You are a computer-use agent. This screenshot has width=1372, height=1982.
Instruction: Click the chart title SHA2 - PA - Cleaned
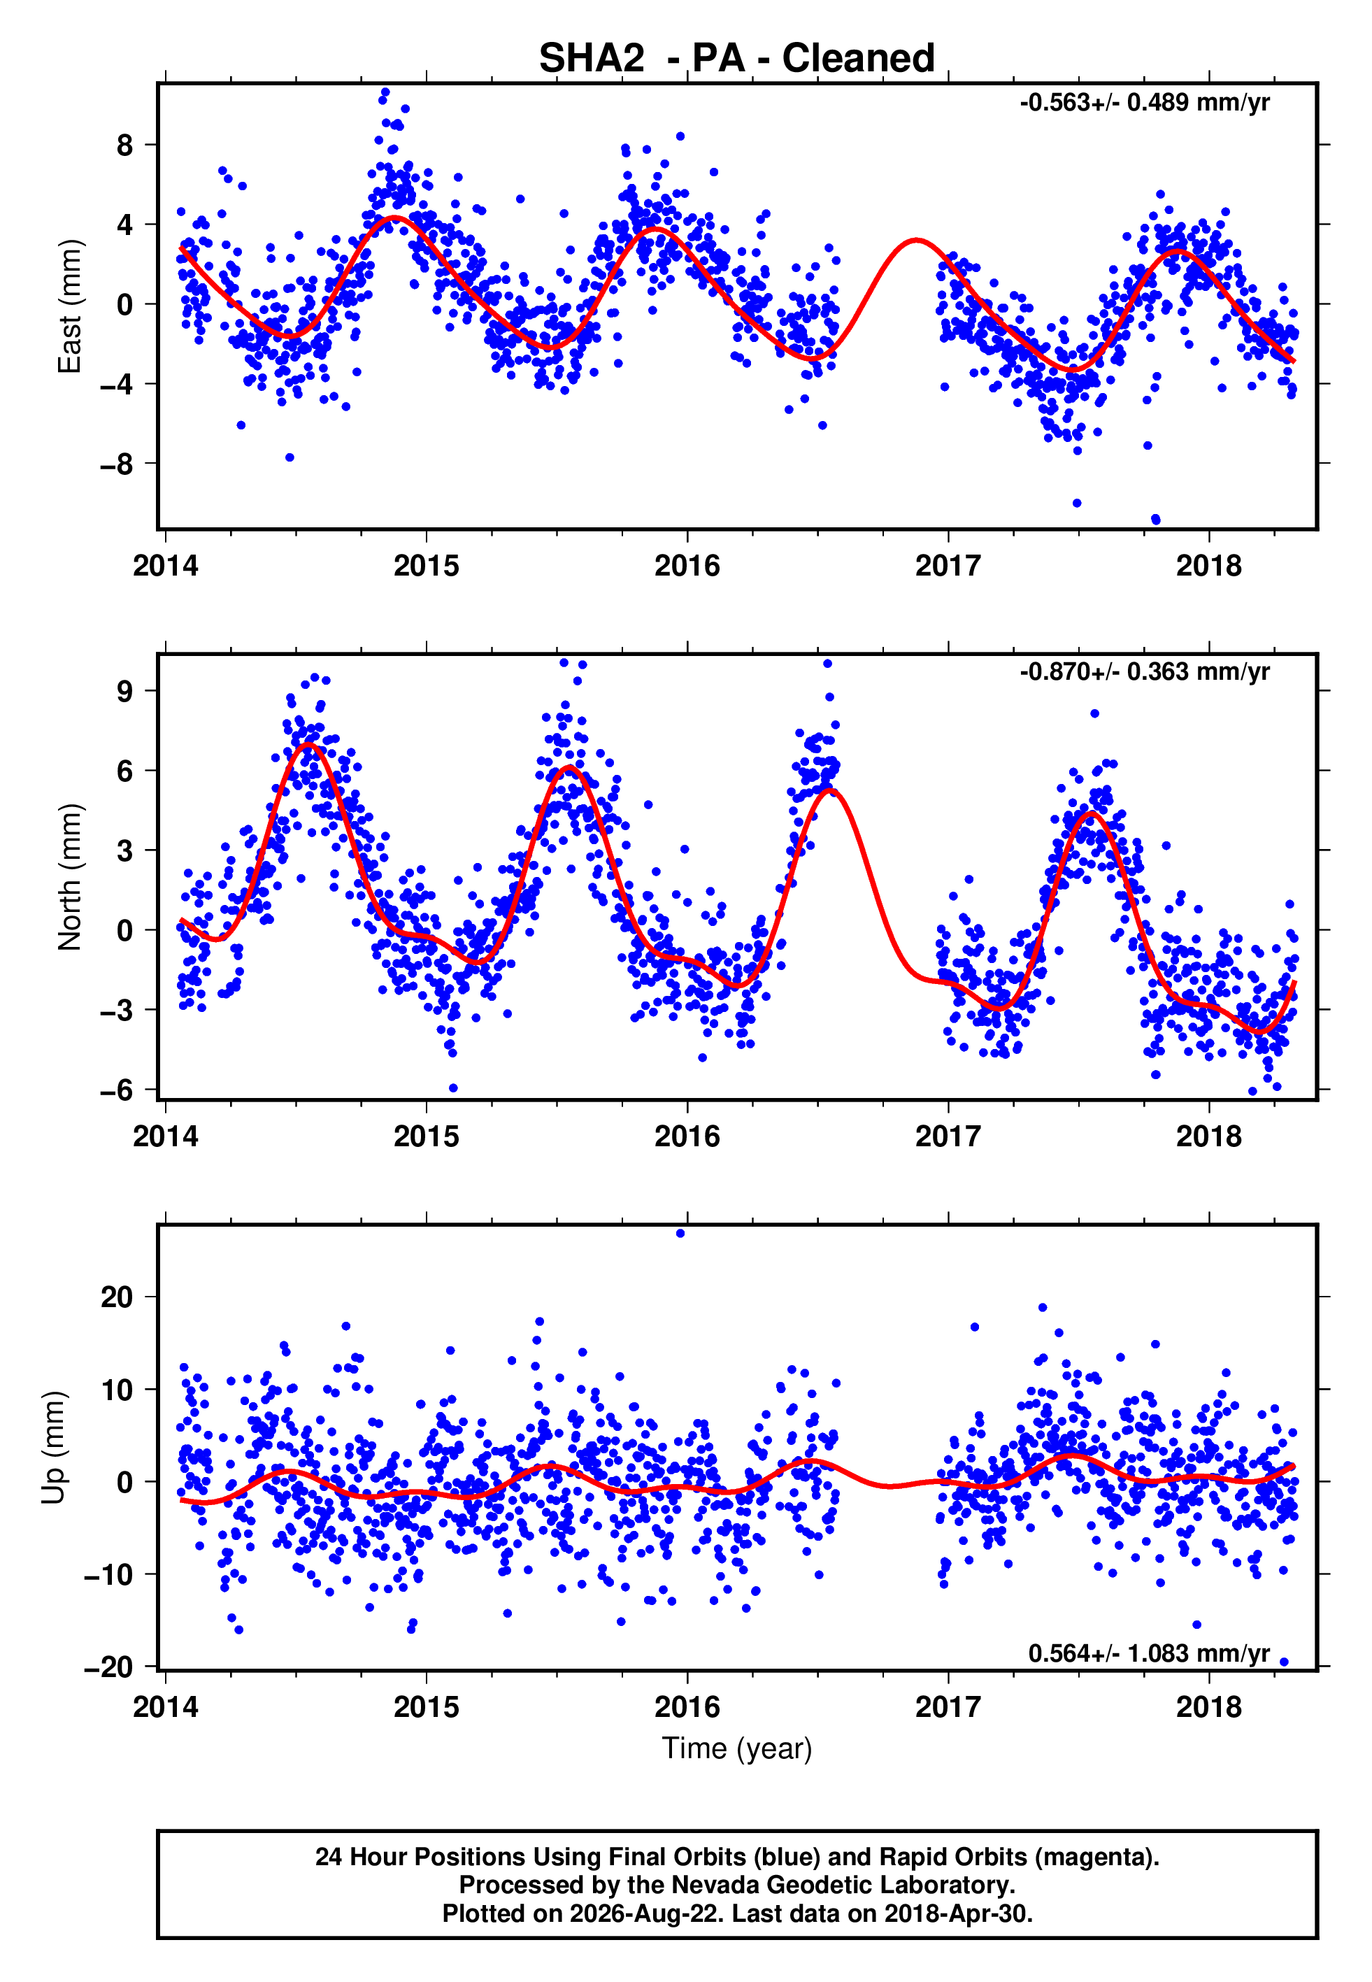tap(737, 59)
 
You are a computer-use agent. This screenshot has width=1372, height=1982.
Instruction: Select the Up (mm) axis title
tap(53, 1448)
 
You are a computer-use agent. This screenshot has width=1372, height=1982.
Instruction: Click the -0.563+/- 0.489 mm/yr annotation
tap(1144, 103)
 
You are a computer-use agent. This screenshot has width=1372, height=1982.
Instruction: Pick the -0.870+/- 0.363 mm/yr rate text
tap(1144, 671)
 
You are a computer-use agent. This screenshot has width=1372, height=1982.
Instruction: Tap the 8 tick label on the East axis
tap(125, 145)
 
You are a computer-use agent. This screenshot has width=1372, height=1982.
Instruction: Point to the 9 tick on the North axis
tap(125, 691)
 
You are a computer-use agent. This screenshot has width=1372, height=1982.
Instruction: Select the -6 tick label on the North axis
tap(117, 1090)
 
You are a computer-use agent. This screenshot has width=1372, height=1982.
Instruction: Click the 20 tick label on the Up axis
tap(117, 1297)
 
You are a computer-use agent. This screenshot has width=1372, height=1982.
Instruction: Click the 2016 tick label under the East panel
tap(687, 566)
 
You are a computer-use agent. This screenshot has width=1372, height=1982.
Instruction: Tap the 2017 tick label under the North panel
tap(948, 1136)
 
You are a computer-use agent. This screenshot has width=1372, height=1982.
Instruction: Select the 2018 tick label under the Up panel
tap(1208, 1707)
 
